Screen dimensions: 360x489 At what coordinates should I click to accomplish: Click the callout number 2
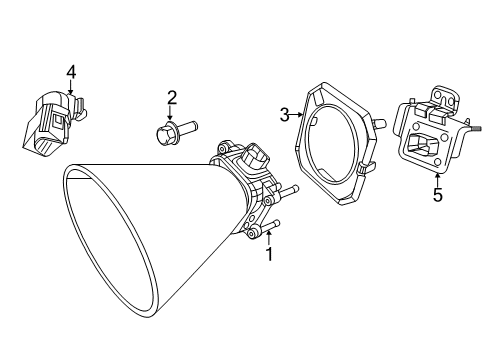[x=172, y=97]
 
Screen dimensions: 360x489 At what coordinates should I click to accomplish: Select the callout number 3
[x=284, y=115]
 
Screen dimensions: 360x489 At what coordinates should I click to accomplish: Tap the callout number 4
[x=71, y=71]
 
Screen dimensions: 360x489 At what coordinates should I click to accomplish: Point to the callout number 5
[x=437, y=196]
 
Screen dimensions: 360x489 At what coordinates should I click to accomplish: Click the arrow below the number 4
[x=71, y=90]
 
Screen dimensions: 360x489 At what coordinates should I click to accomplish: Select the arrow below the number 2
[x=172, y=115]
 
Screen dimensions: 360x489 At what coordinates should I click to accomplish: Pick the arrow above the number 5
[x=437, y=177]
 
